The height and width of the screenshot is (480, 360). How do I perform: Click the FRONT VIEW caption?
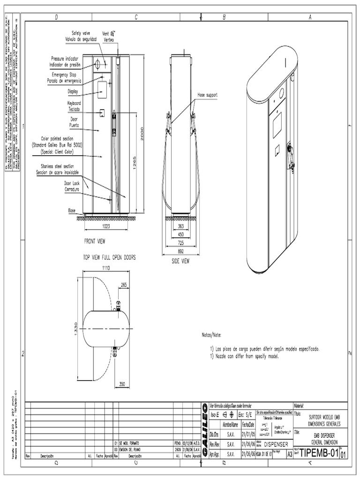click(x=95, y=241)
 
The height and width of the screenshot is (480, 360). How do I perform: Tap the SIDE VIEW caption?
click(x=180, y=261)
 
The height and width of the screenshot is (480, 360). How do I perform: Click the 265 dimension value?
click(x=123, y=285)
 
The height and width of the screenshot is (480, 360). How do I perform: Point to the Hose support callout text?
click(x=208, y=95)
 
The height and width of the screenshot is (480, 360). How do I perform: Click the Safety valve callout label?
click(x=81, y=33)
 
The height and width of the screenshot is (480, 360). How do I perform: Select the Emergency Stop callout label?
click(x=65, y=75)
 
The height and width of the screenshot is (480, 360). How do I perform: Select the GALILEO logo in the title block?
click(x=205, y=428)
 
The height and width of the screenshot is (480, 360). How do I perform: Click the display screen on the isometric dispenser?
click(x=277, y=125)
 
